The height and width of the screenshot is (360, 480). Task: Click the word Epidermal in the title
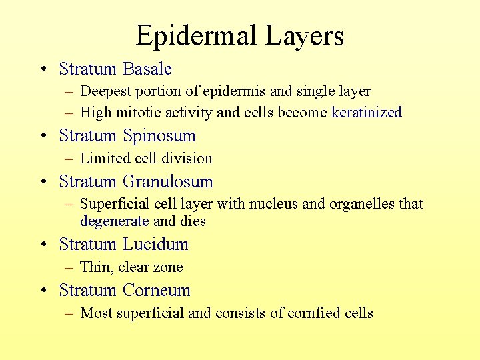point(195,35)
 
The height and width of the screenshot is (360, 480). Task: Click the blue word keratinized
point(366,112)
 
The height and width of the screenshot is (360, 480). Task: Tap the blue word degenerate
point(114,221)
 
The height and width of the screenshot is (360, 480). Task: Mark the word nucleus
point(273,203)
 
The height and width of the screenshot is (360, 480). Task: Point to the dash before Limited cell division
point(69,159)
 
